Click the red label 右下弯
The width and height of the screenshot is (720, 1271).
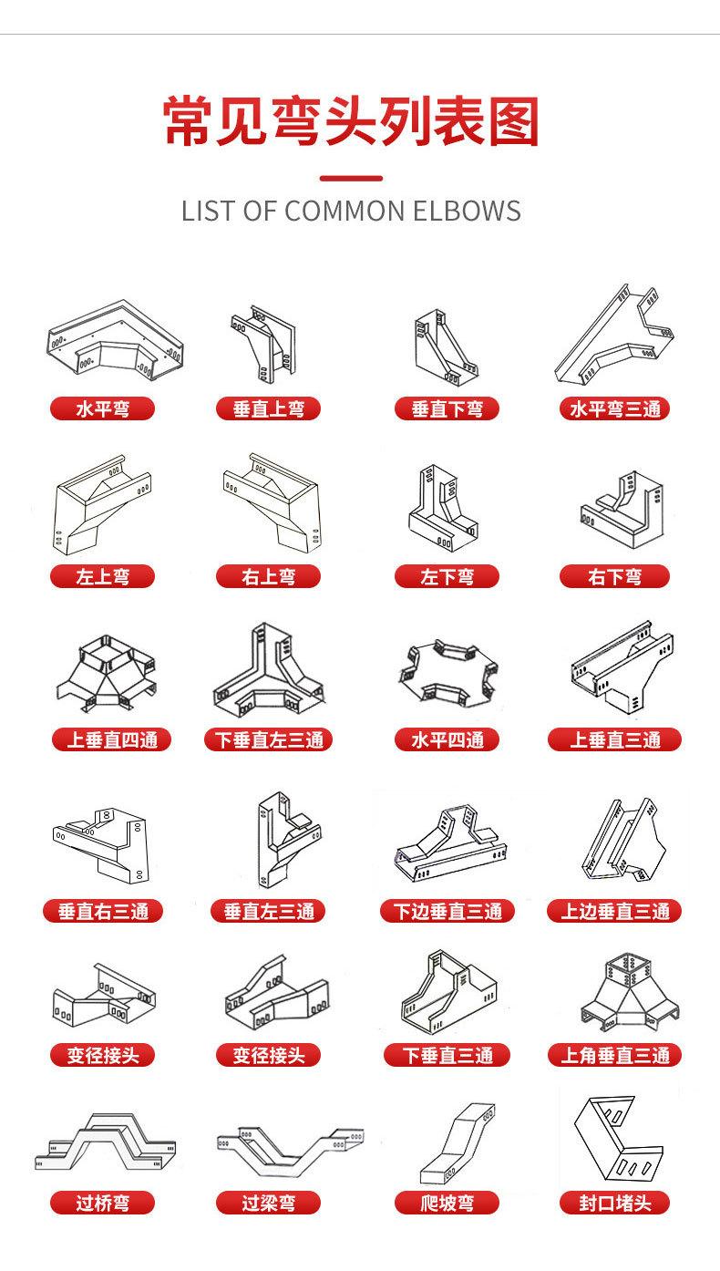[x=614, y=576]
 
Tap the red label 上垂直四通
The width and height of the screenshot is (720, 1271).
[x=111, y=739]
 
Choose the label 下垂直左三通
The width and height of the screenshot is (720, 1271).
[x=269, y=739]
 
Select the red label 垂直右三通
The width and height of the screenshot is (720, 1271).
[x=103, y=911]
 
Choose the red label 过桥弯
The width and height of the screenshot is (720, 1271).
[x=102, y=1203]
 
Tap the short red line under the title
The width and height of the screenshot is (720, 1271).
[x=352, y=179]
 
